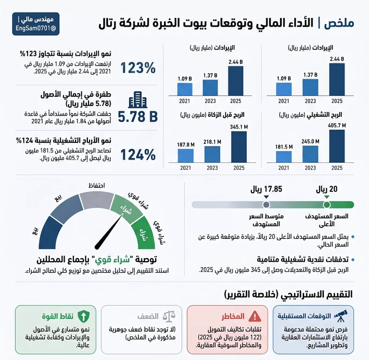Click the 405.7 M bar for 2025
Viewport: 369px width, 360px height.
[337, 146]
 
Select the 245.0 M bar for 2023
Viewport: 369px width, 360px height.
[310, 154]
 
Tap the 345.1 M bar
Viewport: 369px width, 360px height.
[239, 147]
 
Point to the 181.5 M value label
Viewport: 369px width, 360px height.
[284, 147]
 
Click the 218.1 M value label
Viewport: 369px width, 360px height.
[212, 142]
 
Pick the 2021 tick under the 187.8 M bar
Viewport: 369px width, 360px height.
[186, 168]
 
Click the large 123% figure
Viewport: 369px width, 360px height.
[138, 68]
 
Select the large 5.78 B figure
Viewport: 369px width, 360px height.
[138, 117]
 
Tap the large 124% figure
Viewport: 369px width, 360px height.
[138, 155]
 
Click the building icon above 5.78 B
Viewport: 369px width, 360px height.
[138, 99]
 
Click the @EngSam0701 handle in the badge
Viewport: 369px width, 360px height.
[36, 28]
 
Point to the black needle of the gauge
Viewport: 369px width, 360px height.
[109, 231]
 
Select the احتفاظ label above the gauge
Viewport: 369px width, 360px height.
[97, 186]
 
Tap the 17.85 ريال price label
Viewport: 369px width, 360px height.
[266, 189]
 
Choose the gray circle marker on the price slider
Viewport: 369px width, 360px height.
[266, 205]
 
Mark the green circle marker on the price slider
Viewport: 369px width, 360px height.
[327, 205]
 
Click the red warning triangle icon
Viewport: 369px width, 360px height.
[255, 316]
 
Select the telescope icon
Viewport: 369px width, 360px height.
[341, 315]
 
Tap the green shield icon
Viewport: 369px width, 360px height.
[83, 316]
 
